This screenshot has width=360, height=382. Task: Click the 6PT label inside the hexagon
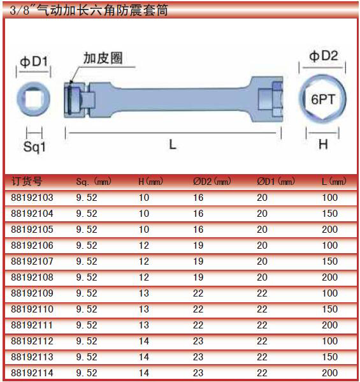(323, 99)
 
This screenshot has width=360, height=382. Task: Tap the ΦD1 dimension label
(34, 62)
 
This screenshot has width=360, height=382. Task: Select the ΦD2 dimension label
(324, 56)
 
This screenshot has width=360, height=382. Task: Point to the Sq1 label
(34, 147)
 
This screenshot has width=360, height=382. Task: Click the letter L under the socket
(173, 144)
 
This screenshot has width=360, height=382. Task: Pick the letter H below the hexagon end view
(323, 144)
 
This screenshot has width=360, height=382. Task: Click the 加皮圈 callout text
(103, 58)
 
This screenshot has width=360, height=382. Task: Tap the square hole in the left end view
(33, 99)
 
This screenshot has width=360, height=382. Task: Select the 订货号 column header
(27, 181)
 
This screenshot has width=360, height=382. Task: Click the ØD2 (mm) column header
(212, 182)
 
